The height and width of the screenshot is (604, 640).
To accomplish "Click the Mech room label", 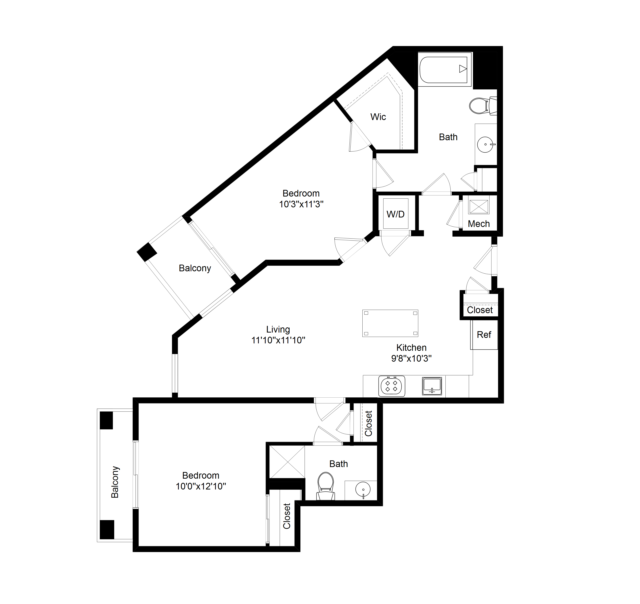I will tap(479, 224).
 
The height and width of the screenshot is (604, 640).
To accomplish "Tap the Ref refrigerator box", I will tap(484, 335).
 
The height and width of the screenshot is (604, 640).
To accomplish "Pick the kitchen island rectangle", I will tap(390, 323).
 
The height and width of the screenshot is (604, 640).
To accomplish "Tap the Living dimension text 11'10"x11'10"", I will tap(278, 340).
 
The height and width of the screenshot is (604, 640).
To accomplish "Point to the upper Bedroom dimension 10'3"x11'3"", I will tap(301, 204).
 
